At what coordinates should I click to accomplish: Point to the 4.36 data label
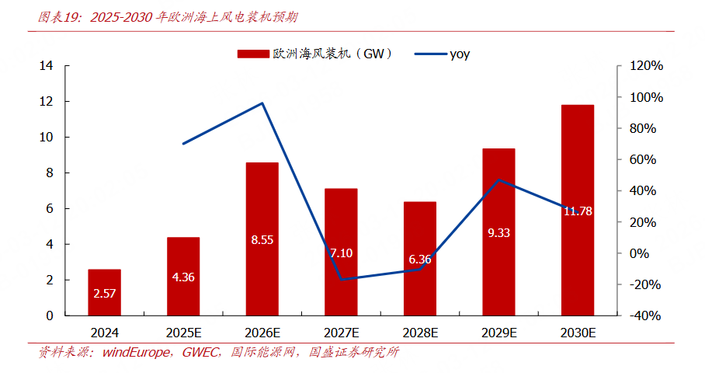click(183, 276)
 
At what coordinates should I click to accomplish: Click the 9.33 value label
click(498, 232)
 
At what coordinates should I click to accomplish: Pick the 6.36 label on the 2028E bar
click(419, 259)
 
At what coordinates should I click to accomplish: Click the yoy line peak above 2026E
click(262, 103)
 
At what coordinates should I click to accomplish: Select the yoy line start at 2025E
click(183, 144)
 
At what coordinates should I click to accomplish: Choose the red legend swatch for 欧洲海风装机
click(252, 54)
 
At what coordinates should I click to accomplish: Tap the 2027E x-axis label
click(341, 332)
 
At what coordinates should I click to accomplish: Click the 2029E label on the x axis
click(498, 332)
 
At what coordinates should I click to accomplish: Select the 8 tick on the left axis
click(50, 173)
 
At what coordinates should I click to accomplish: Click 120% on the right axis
click(645, 66)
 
